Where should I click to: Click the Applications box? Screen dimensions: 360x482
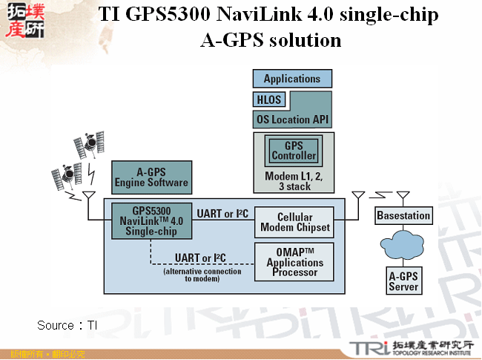pyautogui.click(x=292, y=79)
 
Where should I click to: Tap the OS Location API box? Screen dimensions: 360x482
pyautogui.click(x=292, y=119)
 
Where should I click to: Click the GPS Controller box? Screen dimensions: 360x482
pyautogui.click(x=294, y=151)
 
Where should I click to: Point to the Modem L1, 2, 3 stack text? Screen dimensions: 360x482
pyautogui.click(x=294, y=181)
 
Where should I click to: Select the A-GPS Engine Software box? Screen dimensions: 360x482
pyautogui.click(x=151, y=177)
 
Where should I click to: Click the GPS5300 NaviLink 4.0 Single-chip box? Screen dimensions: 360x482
pyautogui.click(x=151, y=220)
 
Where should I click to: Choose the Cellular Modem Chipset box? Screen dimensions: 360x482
pyautogui.click(x=294, y=223)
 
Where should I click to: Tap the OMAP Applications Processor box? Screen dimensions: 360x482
pyautogui.click(x=294, y=262)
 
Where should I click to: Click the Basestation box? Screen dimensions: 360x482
pyautogui.click(x=403, y=216)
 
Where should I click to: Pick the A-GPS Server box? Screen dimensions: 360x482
pyautogui.click(x=403, y=281)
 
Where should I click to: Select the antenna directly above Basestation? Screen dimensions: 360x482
pyautogui.click(x=403, y=197)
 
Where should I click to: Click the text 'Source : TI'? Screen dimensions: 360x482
pyautogui.click(x=67, y=325)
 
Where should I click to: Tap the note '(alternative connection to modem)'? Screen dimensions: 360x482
pyautogui.click(x=202, y=275)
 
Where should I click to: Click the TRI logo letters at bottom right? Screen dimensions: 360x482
pyautogui.click(x=367, y=347)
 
